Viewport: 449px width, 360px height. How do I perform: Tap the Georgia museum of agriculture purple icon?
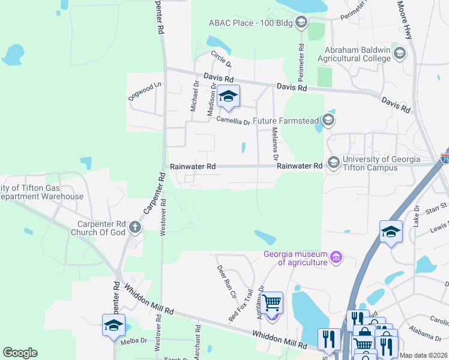[x=336, y=259]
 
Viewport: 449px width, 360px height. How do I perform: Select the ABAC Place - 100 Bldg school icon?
[x=301, y=23]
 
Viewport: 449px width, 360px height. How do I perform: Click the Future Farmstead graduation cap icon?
[x=328, y=121]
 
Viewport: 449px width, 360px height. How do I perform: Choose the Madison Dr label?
[x=211, y=99]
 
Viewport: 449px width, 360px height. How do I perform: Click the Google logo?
[x=20, y=353]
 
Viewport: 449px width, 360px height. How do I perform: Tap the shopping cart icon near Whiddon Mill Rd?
[x=272, y=303]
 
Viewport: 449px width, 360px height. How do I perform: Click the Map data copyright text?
[x=423, y=355]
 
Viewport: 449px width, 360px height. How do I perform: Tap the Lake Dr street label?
[x=416, y=216]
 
